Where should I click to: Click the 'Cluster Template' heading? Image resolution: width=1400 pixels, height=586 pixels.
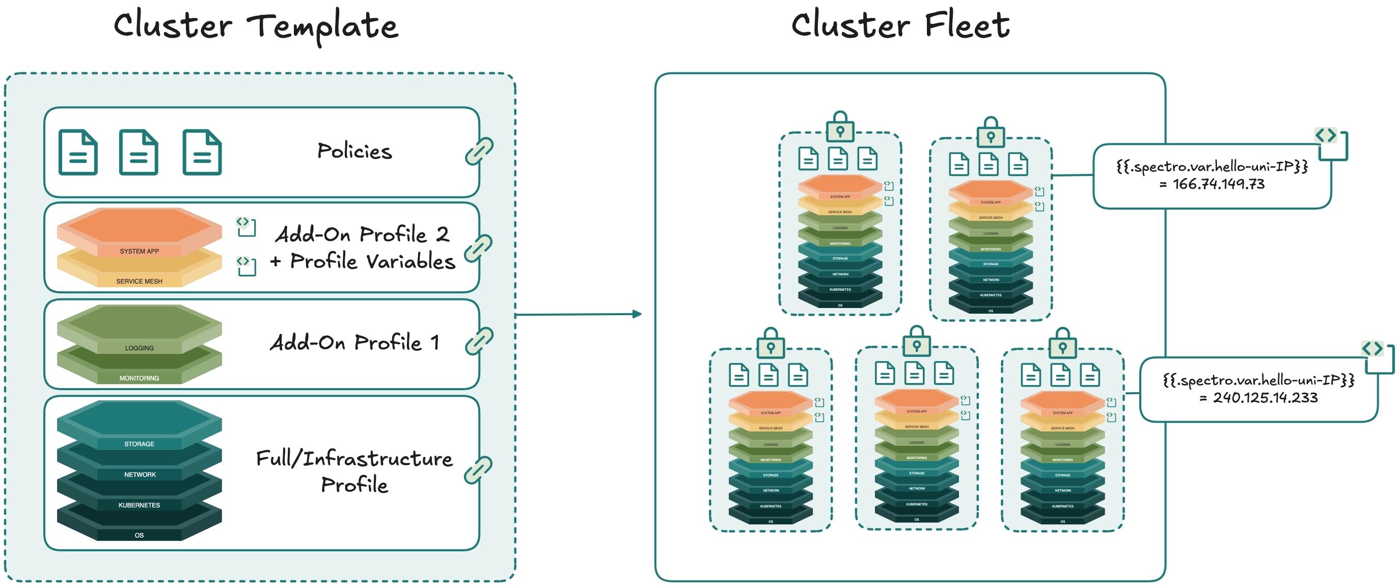[x=256, y=26]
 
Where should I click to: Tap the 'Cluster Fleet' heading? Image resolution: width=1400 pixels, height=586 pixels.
[x=900, y=26]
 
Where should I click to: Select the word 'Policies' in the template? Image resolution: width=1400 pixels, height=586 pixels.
[x=354, y=151]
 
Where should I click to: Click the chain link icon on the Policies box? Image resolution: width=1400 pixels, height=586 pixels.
[x=479, y=151]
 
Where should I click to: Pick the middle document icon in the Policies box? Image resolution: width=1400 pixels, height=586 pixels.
[x=139, y=152]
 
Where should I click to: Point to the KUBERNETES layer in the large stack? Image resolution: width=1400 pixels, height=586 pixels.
[x=139, y=505]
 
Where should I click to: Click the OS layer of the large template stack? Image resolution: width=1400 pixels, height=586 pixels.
[x=139, y=535]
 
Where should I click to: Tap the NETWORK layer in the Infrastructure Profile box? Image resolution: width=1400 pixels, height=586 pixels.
[x=139, y=474]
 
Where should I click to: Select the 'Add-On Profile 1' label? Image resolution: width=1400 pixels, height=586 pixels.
[x=354, y=343]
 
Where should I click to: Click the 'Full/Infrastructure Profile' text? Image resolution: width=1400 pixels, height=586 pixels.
[x=354, y=471]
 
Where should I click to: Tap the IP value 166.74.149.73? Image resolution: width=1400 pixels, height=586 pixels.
[x=1218, y=185]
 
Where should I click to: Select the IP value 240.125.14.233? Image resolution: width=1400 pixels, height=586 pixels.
[x=1265, y=398]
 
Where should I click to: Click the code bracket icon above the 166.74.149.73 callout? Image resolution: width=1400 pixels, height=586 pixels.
[x=1326, y=135]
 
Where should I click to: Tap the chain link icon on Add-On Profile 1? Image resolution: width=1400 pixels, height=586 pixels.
[x=479, y=341]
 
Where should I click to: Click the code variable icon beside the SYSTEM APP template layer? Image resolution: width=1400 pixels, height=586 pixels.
[x=246, y=226]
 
